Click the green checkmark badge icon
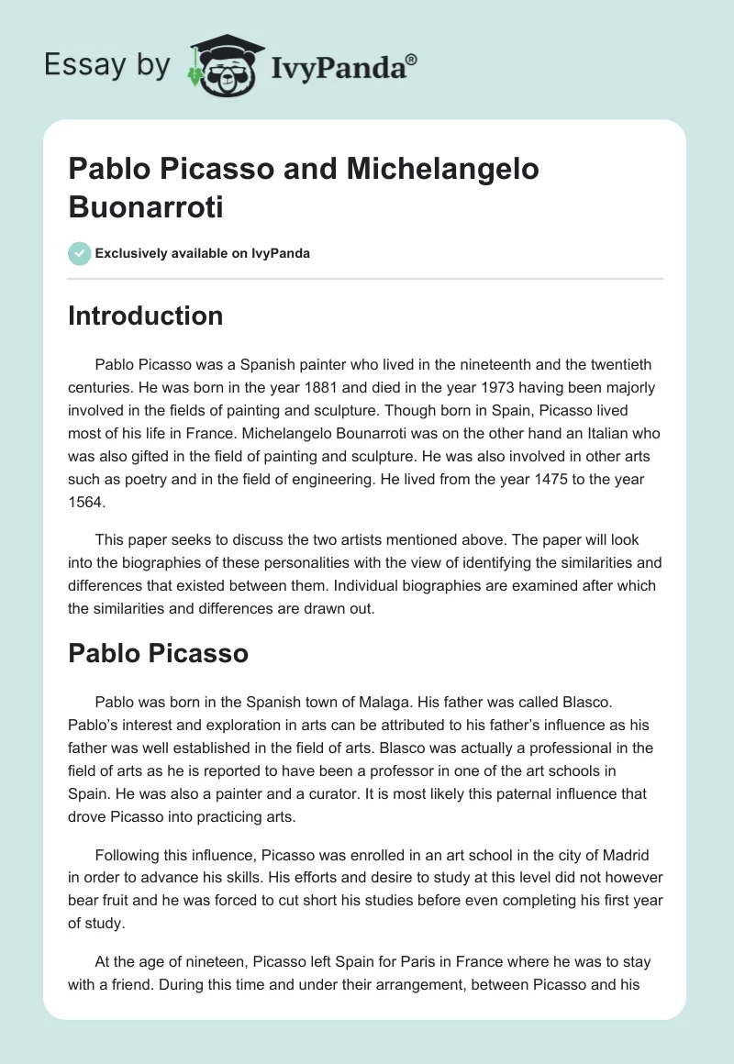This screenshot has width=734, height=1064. (x=80, y=254)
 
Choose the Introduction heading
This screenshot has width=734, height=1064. (x=146, y=316)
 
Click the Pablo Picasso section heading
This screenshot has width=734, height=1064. (x=159, y=654)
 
